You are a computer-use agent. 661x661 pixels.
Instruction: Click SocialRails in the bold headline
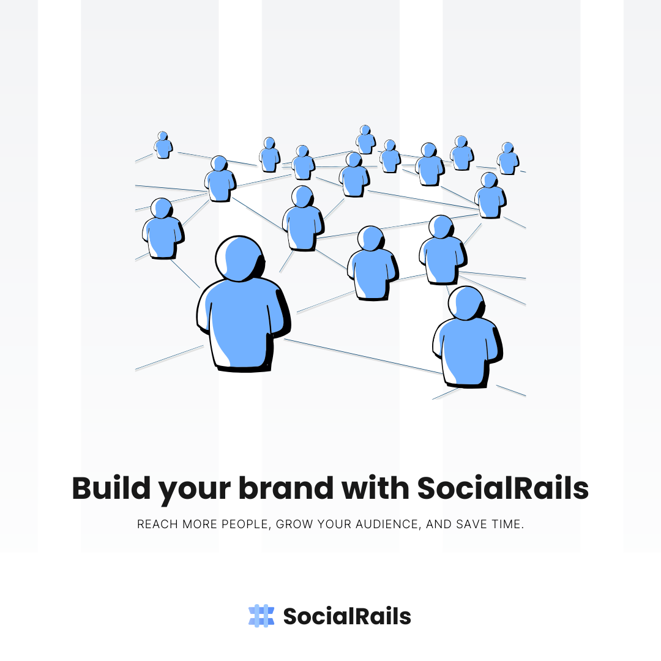(x=502, y=488)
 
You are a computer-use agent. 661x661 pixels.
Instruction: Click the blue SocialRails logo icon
(x=261, y=616)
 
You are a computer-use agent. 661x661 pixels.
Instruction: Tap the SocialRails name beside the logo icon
(x=347, y=616)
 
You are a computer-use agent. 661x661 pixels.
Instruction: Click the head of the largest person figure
(x=240, y=258)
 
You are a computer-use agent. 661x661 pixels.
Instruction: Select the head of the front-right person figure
(x=466, y=303)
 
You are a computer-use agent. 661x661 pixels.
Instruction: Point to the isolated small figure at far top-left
(x=163, y=146)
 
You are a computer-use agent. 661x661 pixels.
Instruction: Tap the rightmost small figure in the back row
(x=507, y=159)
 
